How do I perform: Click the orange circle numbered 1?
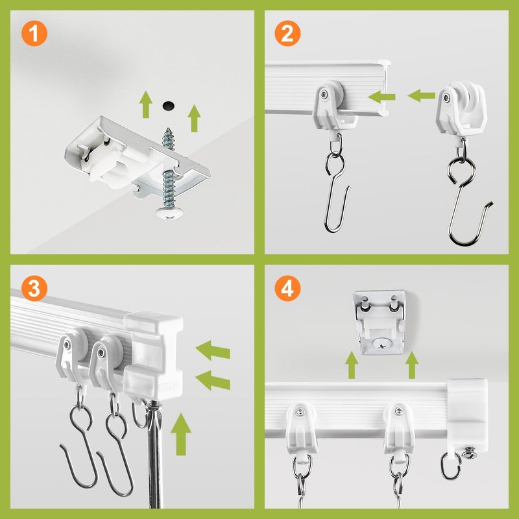click(x=34, y=33)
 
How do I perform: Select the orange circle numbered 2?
click(x=287, y=33)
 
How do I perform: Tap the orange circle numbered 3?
click(x=34, y=288)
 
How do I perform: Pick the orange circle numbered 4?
click(x=287, y=288)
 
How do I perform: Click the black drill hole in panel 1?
click(x=168, y=106)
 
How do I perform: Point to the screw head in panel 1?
click(x=169, y=212)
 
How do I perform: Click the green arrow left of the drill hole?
click(x=145, y=104)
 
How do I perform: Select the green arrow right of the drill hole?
click(x=194, y=118)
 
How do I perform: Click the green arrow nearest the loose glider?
click(x=421, y=95)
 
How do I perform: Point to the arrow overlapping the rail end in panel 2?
click(x=381, y=97)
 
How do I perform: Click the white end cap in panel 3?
click(x=153, y=355)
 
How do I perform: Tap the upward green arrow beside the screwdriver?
click(x=181, y=434)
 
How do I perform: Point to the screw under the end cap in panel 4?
click(x=469, y=453)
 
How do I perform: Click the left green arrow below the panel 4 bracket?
click(x=352, y=365)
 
